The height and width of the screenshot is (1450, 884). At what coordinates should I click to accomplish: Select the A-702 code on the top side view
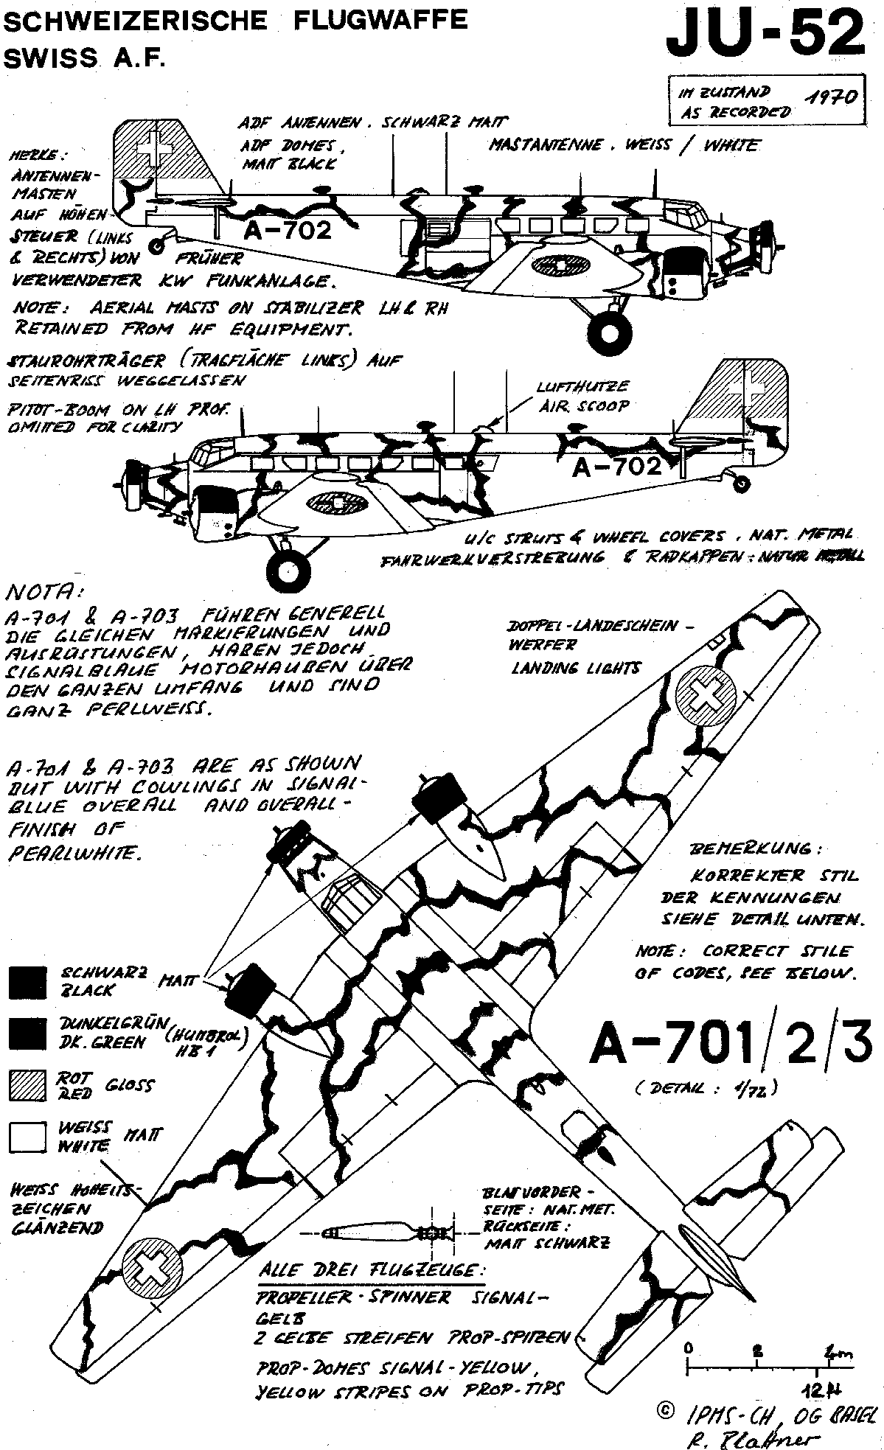coord(288,231)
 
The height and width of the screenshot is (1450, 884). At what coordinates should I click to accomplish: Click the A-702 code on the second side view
coord(616,467)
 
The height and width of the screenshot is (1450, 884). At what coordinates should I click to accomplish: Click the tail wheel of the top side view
coord(156,246)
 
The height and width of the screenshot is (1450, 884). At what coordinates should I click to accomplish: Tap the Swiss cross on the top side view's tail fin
coord(156,147)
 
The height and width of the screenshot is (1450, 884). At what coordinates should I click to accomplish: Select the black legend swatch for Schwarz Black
coord(27,983)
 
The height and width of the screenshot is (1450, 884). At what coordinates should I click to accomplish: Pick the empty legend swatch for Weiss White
coord(27,1136)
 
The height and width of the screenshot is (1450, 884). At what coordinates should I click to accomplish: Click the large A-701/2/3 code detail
coord(725,1046)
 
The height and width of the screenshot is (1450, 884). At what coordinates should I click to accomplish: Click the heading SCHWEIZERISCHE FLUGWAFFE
coord(236,21)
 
